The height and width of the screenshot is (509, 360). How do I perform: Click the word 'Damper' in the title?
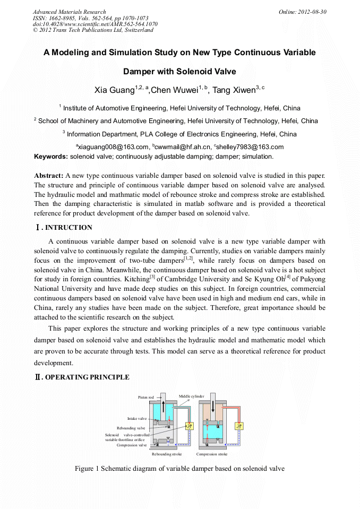[140, 71]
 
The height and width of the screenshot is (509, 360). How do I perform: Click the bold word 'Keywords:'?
[51, 157]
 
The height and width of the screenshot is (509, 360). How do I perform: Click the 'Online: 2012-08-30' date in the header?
[303, 12]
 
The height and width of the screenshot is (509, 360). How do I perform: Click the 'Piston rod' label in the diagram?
[146, 397]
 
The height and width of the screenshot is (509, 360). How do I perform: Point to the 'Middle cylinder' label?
[191, 396]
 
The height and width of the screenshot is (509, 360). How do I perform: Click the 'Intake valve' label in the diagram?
[136, 419]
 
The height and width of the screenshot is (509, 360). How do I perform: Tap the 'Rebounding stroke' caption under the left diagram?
[167, 454]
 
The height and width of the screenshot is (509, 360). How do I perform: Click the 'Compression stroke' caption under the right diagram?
[212, 454]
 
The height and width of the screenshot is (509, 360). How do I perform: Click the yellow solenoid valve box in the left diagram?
[189, 426]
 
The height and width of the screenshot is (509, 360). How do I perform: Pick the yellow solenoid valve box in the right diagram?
[239, 426]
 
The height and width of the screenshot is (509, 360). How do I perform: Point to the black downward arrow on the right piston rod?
[212, 408]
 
